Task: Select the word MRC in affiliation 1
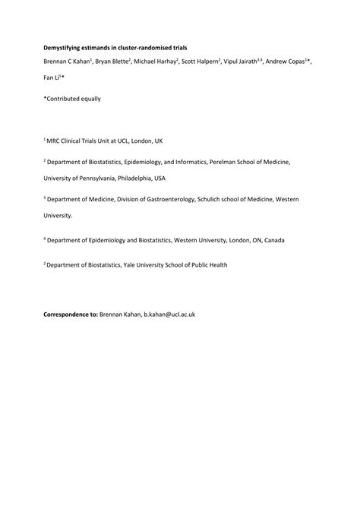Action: [x=55, y=141]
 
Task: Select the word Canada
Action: [x=274, y=240]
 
